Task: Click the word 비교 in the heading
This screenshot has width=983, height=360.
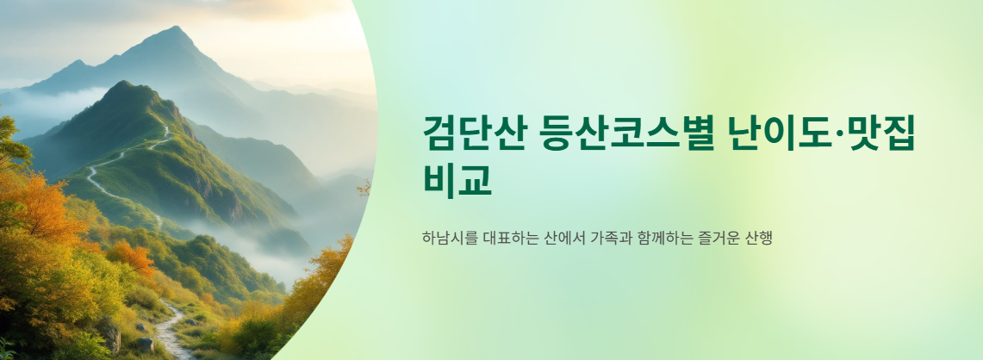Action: (457, 178)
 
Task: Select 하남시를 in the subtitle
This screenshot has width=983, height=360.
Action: (445, 237)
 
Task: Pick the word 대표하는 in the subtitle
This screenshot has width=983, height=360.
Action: (505, 237)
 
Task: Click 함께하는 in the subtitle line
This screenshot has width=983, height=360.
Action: (665, 237)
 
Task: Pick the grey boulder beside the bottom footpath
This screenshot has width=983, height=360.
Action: (144, 344)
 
